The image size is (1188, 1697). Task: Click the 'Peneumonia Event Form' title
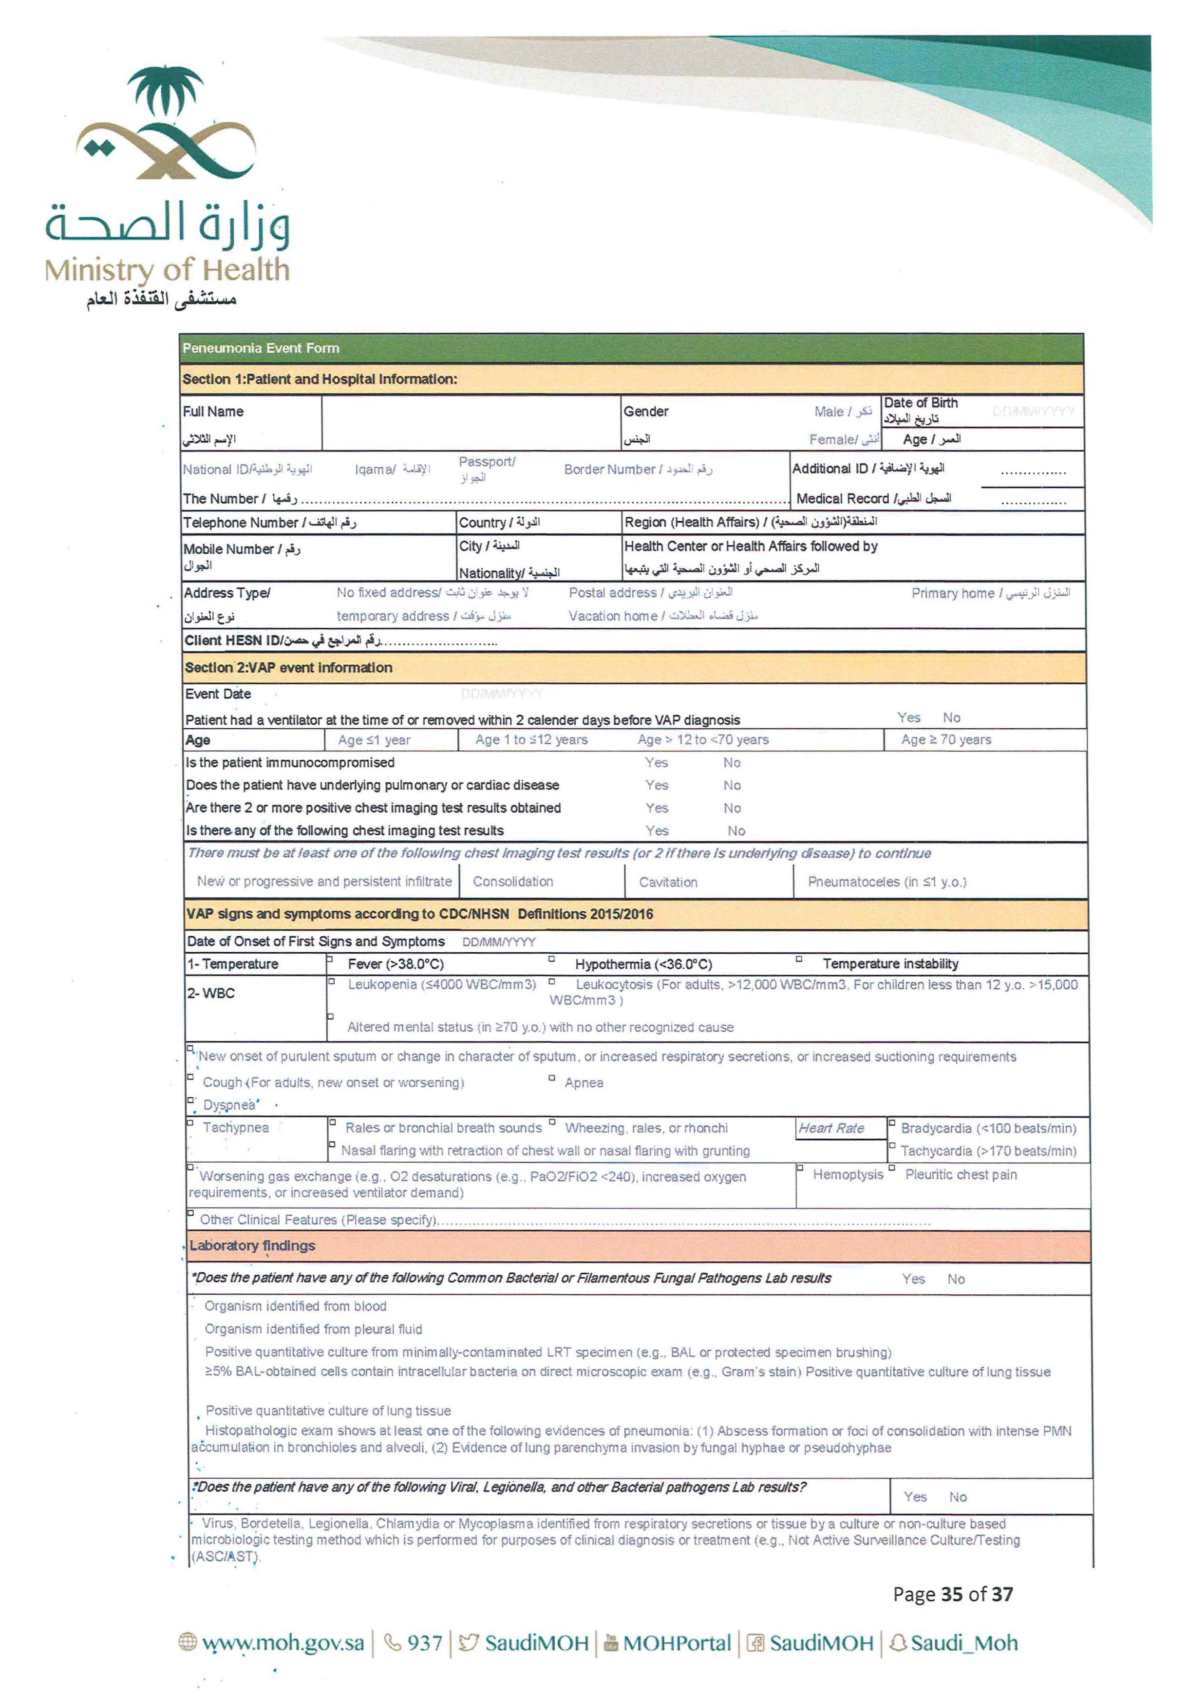click(x=260, y=348)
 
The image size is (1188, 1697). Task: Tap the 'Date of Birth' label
click(x=921, y=403)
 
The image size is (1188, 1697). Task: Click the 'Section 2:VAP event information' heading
click(x=288, y=667)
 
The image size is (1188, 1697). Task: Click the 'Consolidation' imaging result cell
click(x=512, y=882)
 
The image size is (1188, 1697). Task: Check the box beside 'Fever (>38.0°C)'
click(x=330, y=960)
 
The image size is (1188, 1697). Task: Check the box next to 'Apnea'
click(x=551, y=1078)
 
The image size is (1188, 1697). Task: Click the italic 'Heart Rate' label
click(x=831, y=1129)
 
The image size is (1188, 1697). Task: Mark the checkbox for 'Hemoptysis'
click(x=800, y=1169)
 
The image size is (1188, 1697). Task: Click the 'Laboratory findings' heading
click(x=252, y=1246)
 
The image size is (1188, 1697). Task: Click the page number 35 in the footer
click(x=952, y=1594)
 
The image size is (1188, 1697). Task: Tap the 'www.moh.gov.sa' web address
click(x=283, y=1643)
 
